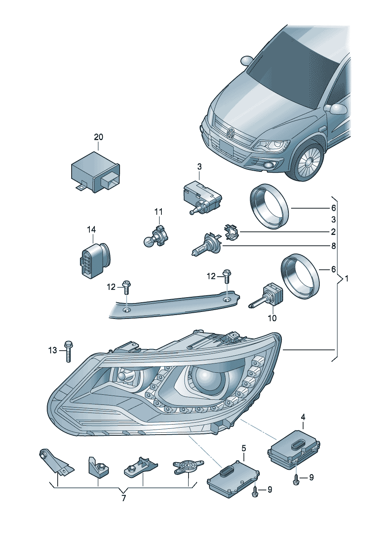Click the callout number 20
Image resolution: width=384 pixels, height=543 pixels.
tap(99, 137)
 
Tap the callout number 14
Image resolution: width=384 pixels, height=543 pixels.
tap(91, 230)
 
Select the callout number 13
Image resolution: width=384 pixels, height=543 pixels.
tap(53, 350)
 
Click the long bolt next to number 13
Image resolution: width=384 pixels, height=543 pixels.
tap(69, 351)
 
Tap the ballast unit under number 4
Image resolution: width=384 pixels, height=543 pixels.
tap(295, 449)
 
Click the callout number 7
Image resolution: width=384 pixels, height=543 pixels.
tap(123, 498)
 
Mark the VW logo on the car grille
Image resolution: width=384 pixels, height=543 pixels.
tap(231, 133)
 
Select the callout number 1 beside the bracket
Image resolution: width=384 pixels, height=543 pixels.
tap(346, 278)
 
